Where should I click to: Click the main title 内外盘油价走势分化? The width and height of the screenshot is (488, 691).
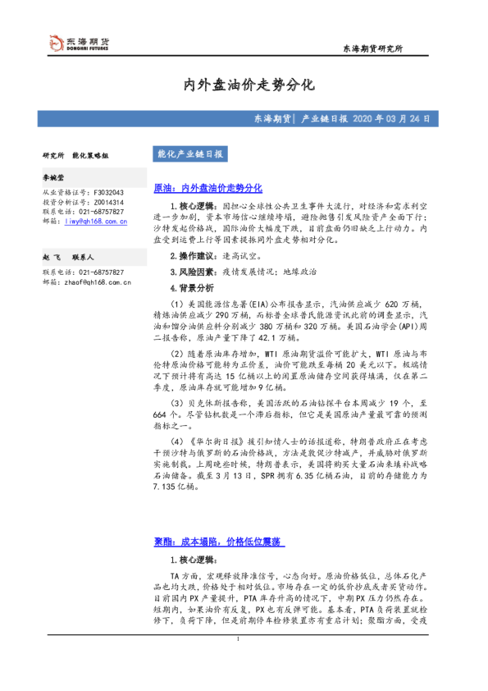click(244, 85)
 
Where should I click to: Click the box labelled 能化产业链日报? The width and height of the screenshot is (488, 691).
click(189, 153)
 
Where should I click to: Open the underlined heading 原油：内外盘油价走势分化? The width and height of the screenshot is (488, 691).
click(208, 188)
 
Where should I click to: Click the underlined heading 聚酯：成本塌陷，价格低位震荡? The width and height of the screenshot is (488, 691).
click(218, 542)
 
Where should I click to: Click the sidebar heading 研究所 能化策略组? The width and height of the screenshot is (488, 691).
click(75, 154)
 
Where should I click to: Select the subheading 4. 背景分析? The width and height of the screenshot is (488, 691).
click(191, 288)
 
